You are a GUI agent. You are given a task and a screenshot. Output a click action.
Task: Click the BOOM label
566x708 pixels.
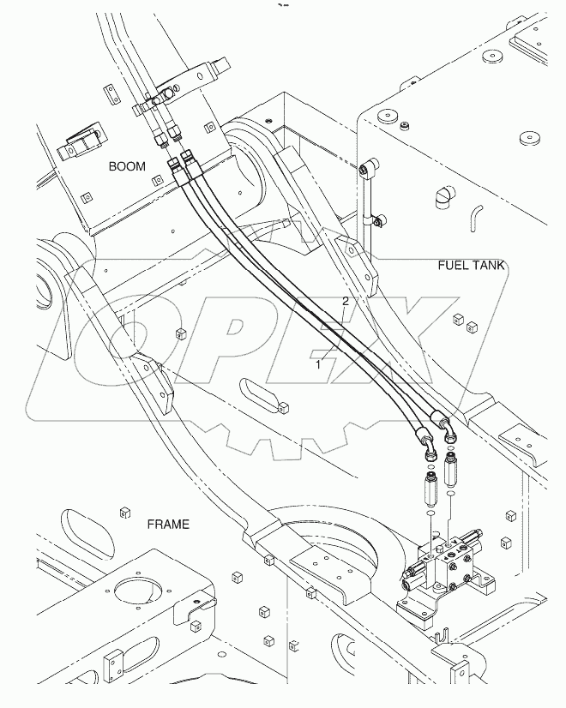tap(126, 166)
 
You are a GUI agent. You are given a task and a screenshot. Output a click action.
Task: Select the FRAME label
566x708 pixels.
tap(168, 524)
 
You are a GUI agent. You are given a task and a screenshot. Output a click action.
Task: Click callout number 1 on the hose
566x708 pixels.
tap(318, 363)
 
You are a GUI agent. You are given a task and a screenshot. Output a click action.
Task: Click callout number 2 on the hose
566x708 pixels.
tap(346, 301)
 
